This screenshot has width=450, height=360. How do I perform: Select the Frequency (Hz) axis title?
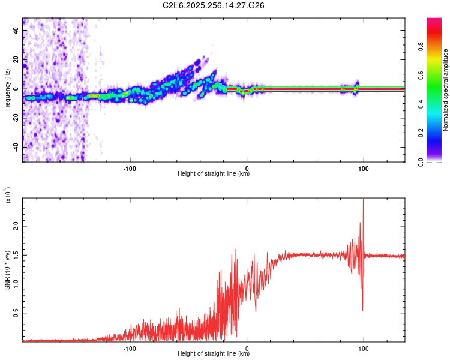coord(7,89)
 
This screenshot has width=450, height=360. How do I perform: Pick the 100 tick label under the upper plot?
coord(363,167)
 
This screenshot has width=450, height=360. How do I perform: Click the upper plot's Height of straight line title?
coord(214,174)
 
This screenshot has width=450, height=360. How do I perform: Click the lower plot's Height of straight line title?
coord(214,354)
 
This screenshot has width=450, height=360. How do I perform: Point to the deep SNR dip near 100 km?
coord(362,310)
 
